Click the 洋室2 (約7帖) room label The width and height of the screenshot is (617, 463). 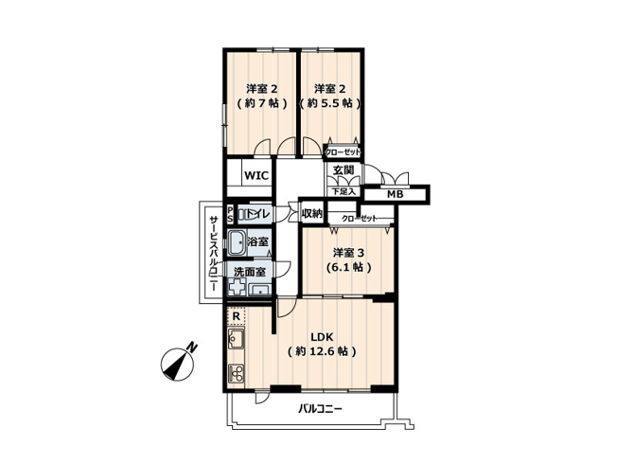pos(258,96)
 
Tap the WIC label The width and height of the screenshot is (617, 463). pos(256,176)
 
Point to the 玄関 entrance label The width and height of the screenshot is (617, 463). pos(343,170)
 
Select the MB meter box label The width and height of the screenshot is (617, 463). pos(395,194)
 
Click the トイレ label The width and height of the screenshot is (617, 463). pos(259,216)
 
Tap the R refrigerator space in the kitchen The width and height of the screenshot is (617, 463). pos(235,316)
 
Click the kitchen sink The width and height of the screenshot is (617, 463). pos(236,339)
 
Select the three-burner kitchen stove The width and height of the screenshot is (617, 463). pos(236,372)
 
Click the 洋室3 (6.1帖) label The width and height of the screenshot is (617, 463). pos(348,260)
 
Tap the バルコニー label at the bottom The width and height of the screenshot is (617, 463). pos(320,409)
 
